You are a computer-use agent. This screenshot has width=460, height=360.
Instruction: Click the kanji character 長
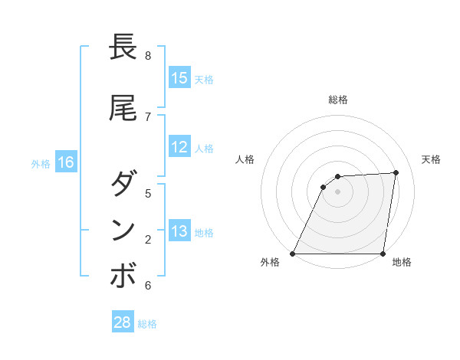pos(123,47)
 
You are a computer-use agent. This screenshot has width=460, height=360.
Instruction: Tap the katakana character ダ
pos(123,185)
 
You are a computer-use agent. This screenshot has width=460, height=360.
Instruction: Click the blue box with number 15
pos(179,77)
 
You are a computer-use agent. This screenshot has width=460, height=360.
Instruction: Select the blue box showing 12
pos(179,147)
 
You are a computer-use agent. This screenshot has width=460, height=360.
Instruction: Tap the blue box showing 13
pos(179,231)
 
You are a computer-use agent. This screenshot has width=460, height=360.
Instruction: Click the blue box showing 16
pos(66,162)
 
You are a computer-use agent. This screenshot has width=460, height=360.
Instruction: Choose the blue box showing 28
pos(123,322)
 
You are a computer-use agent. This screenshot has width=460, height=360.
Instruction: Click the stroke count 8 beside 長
pos(148,56)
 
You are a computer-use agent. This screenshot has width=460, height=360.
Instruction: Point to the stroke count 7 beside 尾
pos(148,116)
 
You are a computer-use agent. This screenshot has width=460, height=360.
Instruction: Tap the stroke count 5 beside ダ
pos(148,193)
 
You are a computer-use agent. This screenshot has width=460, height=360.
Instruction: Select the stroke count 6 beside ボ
pos(148,286)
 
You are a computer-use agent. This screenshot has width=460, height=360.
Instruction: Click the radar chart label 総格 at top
pos(338,100)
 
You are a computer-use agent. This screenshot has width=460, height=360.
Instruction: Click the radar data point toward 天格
pos(396,173)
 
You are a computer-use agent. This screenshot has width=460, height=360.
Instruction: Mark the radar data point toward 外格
pos(293,253)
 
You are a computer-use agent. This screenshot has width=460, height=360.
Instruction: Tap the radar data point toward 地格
pos(383,253)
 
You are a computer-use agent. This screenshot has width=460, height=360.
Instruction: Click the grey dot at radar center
pos(337,191)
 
